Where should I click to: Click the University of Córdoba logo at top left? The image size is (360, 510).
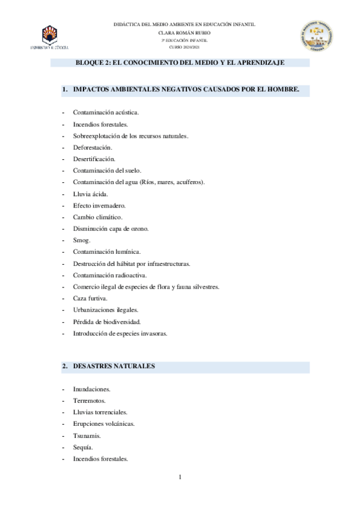(x=50, y=37)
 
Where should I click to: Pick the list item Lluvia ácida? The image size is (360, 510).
(x=91, y=194)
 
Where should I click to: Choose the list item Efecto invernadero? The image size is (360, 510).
(x=99, y=205)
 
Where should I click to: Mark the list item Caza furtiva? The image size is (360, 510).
(x=90, y=298)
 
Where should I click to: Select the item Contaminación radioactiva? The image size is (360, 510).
(x=109, y=275)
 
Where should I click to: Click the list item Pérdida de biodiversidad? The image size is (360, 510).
(x=106, y=322)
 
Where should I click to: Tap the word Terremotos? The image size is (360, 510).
(x=89, y=401)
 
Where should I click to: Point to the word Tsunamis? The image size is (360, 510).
(x=87, y=435)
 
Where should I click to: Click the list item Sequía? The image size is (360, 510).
(x=83, y=447)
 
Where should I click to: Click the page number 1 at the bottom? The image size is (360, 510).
(x=180, y=478)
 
